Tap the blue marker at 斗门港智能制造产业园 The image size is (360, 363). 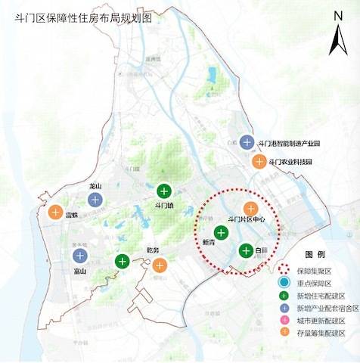tap(247, 141)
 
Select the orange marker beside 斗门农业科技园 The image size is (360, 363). tap(259, 161)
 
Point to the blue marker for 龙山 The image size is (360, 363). tap(95, 200)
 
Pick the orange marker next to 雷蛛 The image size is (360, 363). tap(55, 213)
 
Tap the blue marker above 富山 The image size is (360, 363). tap(79, 255)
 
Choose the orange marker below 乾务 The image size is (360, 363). tap(159, 265)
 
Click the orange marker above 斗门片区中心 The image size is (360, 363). tap(250, 208)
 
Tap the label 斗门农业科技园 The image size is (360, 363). tap(290, 162)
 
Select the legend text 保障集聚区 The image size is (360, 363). tap(318, 269)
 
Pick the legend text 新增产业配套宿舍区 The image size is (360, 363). tap(327, 309)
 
